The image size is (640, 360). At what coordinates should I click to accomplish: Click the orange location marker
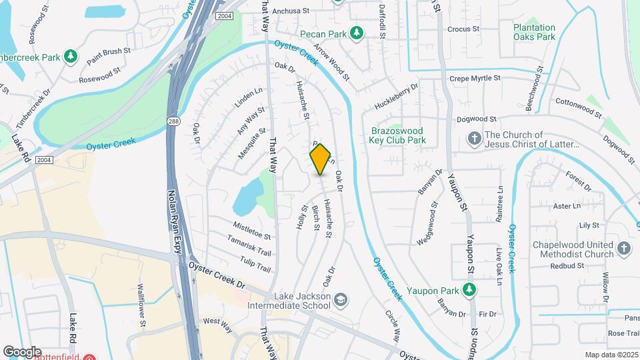pos(321,159)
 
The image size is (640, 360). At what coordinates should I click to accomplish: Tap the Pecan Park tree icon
pos(357,32)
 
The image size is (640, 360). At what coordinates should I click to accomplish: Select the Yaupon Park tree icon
pos(470,289)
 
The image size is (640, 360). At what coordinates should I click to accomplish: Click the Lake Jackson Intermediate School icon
pos(341,299)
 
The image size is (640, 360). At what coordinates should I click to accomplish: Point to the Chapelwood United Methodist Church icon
pos(624,249)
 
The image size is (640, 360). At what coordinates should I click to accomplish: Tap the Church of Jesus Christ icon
pos(474,139)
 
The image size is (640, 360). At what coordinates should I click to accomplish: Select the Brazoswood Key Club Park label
pos(397,135)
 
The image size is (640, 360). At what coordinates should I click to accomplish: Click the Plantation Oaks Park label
pos(534,32)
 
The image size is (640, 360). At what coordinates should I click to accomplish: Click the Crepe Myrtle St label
pos(475,79)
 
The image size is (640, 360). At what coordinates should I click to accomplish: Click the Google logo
pos(22,351)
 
